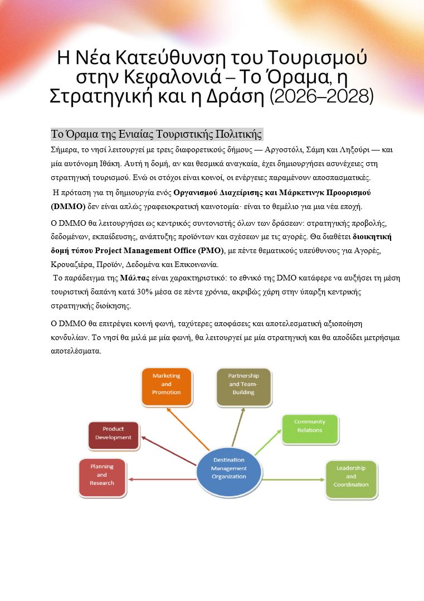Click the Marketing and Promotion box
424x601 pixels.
(x=166, y=384)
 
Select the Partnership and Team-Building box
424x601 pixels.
(x=243, y=384)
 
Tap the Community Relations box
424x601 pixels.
(x=309, y=426)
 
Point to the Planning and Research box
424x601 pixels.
(x=101, y=474)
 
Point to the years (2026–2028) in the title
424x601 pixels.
(x=321, y=96)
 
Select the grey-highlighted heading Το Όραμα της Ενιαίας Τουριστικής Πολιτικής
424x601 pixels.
(x=156, y=134)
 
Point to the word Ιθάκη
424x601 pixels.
(x=99, y=163)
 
